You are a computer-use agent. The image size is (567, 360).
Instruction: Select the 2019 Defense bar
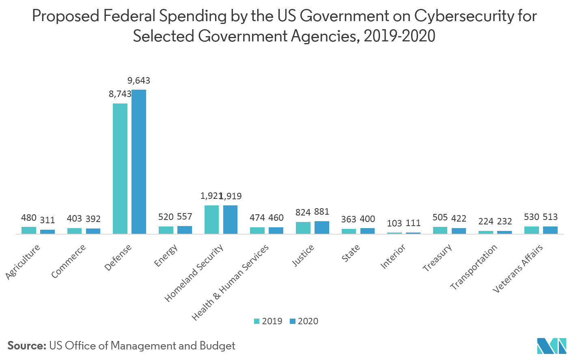click(x=120, y=168)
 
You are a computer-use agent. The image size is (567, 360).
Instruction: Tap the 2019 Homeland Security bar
click(x=211, y=220)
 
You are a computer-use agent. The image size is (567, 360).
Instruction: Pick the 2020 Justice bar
click(x=322, y=227)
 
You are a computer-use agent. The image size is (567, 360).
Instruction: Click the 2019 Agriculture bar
click(x=29, y=230)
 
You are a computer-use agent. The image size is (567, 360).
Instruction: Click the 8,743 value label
click(x=120, y=94)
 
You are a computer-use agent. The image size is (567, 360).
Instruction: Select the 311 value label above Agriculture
click(x=47, y=220)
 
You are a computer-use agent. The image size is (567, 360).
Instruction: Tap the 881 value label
click(x=321, y=211)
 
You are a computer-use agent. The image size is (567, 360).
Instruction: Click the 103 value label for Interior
click(x=395, y=223)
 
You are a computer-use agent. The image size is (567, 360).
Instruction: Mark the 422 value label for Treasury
click(x=459, y=218)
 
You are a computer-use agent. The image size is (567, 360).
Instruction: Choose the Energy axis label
click(x=166, y=256)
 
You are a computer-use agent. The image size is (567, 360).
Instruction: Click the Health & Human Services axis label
click(x=230, y=282)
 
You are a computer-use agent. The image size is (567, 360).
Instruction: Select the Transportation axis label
click(x=474, y=267)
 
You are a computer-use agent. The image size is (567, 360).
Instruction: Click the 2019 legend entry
click(x=268, y=321)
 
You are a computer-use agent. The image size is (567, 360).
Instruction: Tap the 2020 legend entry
click(x=304, y=321)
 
